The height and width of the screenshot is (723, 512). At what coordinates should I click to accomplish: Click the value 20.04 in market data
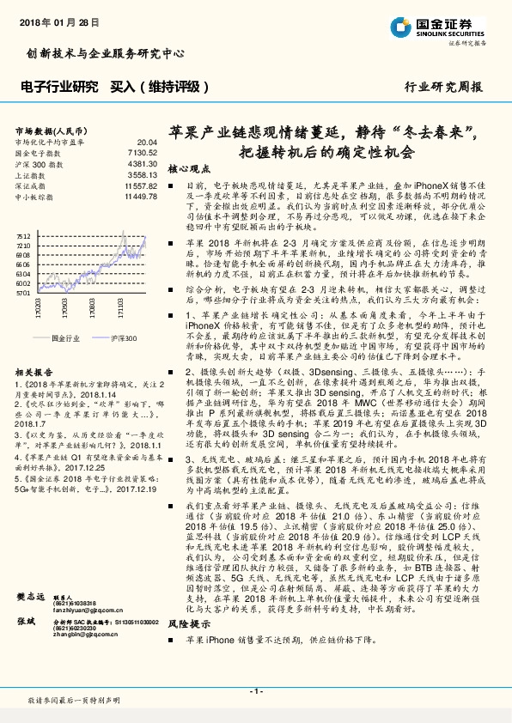[x=147, y=143]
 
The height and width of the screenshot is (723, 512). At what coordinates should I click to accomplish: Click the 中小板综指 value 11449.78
[x=139, y=197]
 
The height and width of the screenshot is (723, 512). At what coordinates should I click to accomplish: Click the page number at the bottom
[x=255, y=690]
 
